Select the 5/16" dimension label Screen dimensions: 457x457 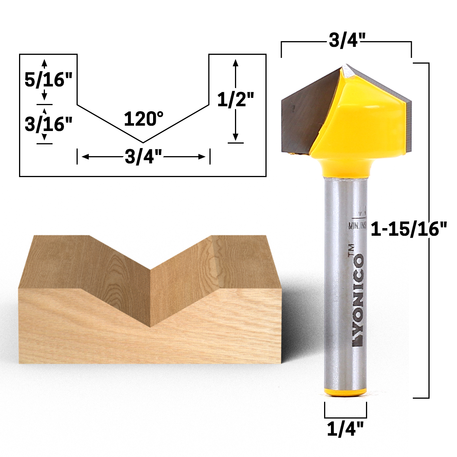pos(48,80)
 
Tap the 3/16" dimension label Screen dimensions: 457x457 pos(48,124)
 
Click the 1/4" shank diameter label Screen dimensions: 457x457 pos(345,430)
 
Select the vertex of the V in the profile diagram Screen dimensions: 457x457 pos(143,142)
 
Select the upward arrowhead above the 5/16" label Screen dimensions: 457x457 pos(45,62)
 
